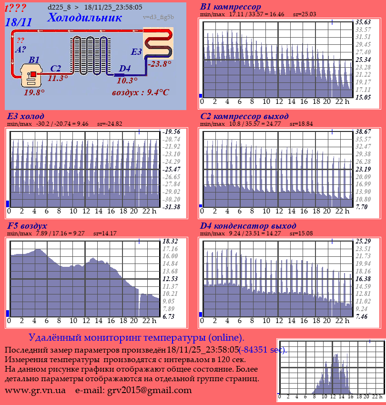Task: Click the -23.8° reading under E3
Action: tap(159, 64)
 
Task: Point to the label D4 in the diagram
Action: tap(124, 69)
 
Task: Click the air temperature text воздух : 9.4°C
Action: tap(141, 92)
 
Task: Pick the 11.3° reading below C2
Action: tap(58, 79)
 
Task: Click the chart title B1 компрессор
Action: tap(230, 7)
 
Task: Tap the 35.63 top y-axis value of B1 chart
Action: tap(363, 22)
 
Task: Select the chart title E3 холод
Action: tap(26, 116)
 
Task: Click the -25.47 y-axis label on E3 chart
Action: tap(171, 169)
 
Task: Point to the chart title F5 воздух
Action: tap(27, 226)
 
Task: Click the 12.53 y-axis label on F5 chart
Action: tap(170, 279)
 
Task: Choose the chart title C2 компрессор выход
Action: tap(244, 116)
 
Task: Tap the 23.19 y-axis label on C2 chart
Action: tap(363, 169)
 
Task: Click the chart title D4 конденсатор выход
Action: tap(248, 226)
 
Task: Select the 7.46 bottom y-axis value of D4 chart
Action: tap(363, 316)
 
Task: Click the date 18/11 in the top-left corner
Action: tap(19, 22)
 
